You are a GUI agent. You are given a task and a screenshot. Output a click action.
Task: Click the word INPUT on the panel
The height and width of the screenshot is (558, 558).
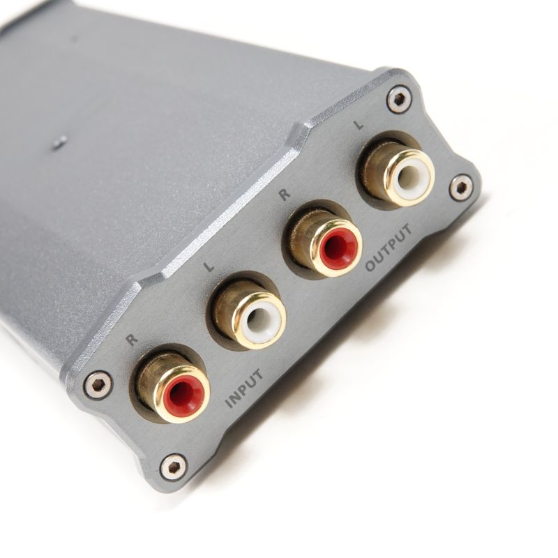pos(246,389)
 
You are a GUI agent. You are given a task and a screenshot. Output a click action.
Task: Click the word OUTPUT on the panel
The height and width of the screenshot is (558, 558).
pos(389,248)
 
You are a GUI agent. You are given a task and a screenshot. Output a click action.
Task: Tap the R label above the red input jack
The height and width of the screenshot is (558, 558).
pos(132,339)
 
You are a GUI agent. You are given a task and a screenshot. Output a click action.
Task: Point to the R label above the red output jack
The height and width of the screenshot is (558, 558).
pos(284,195)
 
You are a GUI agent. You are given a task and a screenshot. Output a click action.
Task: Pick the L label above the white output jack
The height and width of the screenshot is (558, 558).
pos(359,125)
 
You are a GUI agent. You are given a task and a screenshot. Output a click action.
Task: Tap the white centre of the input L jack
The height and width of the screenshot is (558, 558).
pos(259,317)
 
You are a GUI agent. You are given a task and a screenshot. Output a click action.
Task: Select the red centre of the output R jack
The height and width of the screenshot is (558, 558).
pos(336,246)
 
